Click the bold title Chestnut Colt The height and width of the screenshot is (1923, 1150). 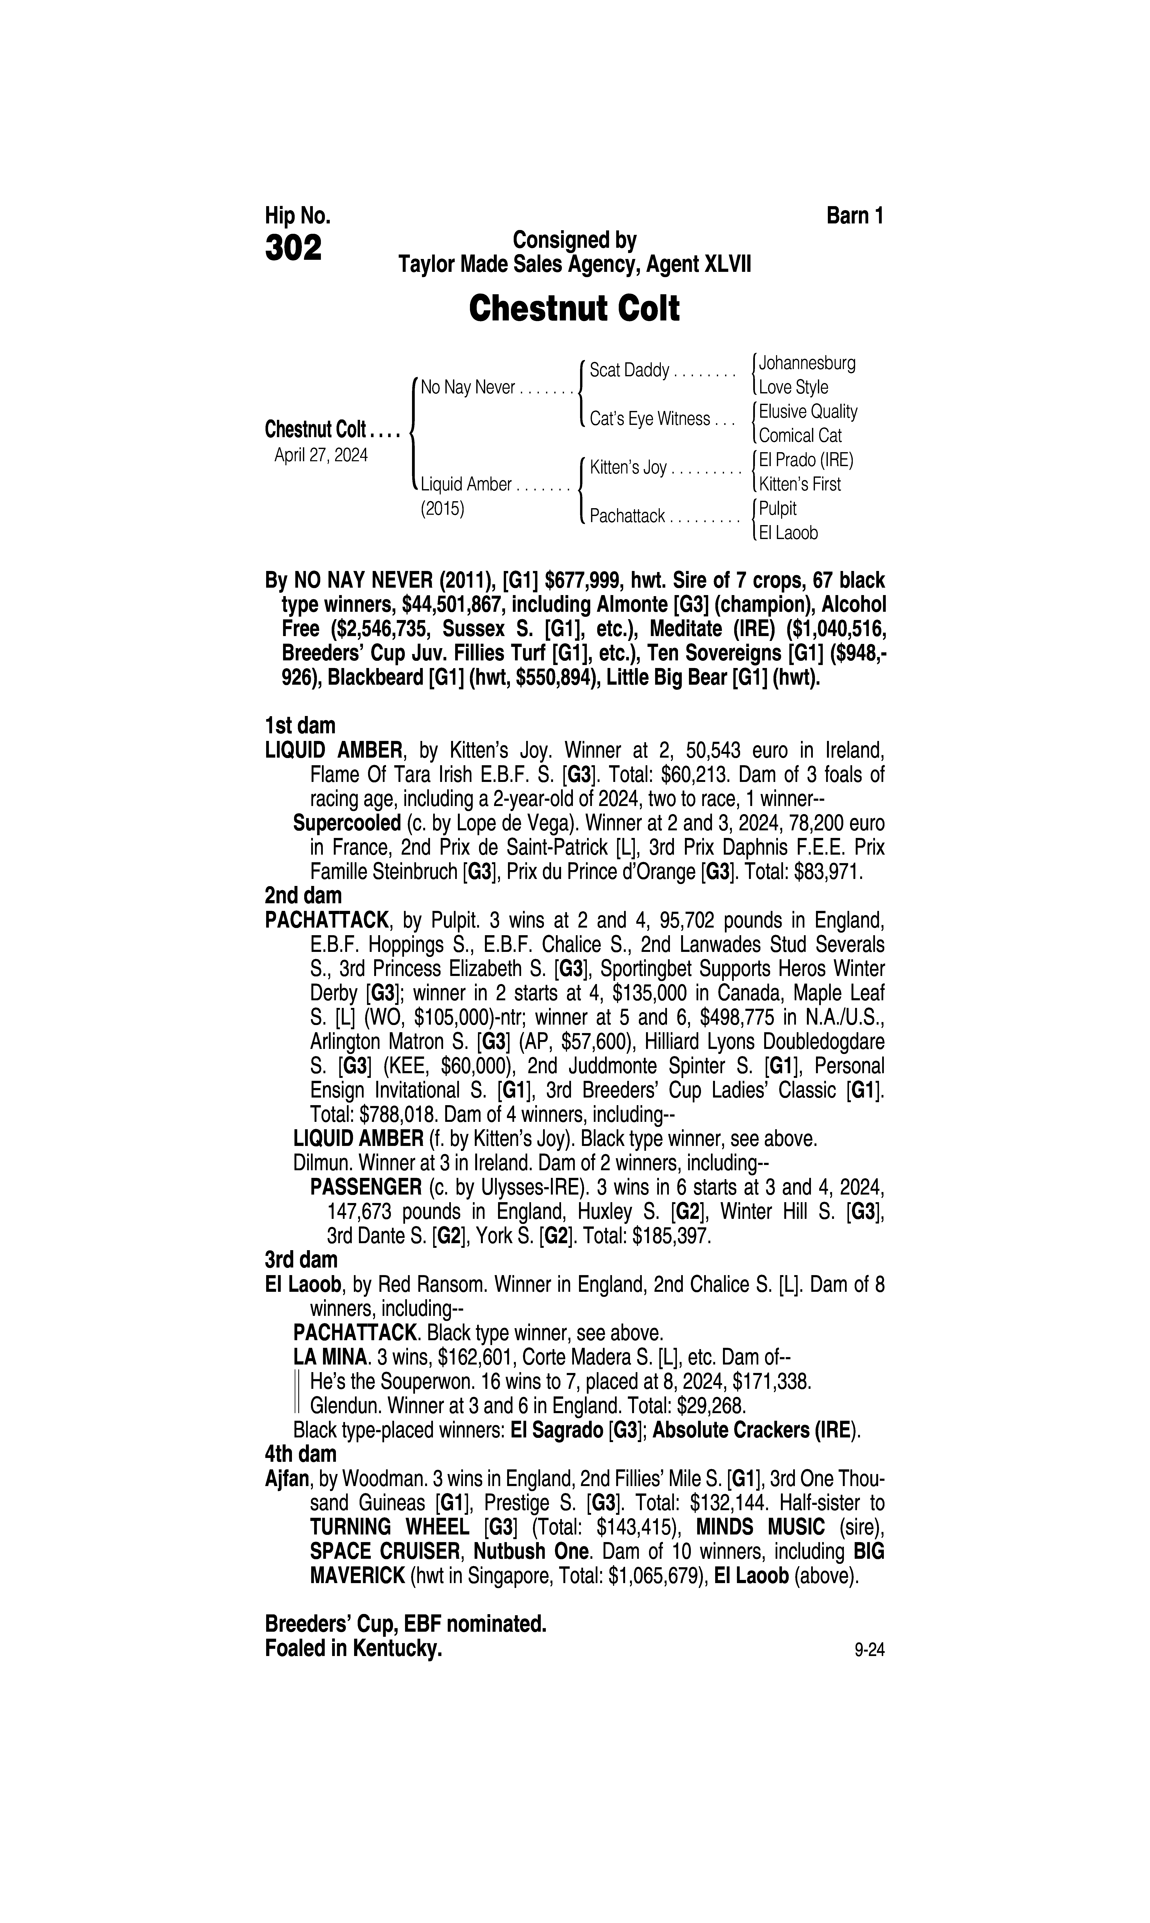(x=574, y=308)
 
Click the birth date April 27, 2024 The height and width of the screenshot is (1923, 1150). (x=321, y=455)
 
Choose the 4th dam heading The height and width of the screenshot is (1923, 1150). (x=301, y=1454)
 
